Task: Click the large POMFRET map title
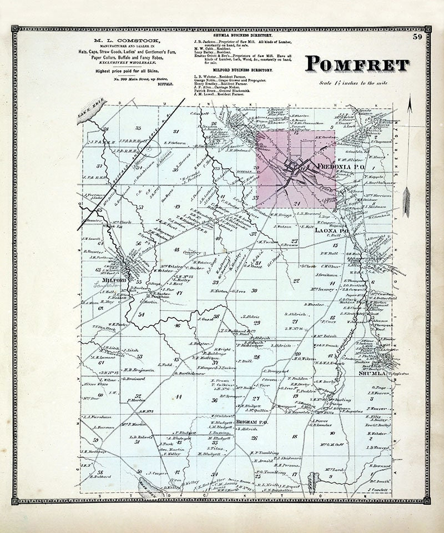coord(357,66)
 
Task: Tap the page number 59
coord(417,38)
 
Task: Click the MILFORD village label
coord(107,281)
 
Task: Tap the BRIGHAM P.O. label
coord(252,423)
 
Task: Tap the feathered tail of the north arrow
coord(406,203)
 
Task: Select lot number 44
coord(179,396)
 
